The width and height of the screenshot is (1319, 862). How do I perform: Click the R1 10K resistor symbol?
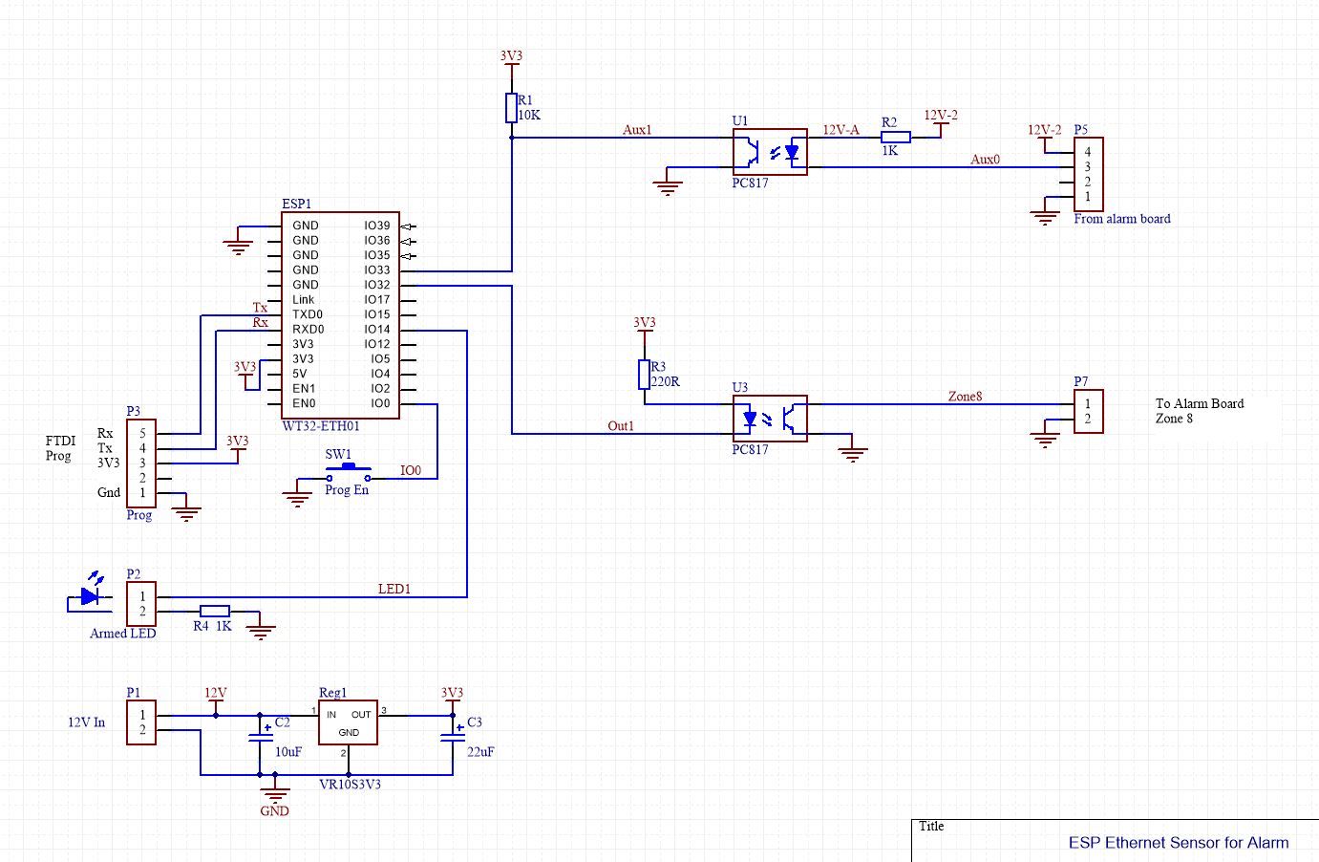pyautogui.click(x=511, y=108)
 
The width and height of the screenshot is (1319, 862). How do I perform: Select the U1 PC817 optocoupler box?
pyautogui.click(x=769, y=152)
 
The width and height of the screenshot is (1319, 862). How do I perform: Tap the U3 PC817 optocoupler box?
pyautogui.click(x=769, y=419)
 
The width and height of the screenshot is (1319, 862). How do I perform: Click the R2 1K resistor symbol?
pyautogui.click(x=895, y=138)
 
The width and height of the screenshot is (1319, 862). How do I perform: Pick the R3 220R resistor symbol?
pyautogui.click(x=644, y=375)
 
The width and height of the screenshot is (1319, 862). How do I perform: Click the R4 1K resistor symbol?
pyautogui.click(x=214, y=612)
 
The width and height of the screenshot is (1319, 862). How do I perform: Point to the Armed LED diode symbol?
pyautogui.click(x=91, y=596)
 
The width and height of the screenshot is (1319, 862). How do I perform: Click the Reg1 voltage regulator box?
pyautogui.click(x=348, y=722)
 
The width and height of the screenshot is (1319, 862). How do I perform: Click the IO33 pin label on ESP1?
pyautogui.click(x=376, y=270)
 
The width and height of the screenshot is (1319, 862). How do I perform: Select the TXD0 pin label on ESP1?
pyautogui.click(x=308, y=314)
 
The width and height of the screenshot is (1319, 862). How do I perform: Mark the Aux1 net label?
pyautogui.click(x=637, y=130)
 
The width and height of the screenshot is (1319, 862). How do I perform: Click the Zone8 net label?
pyautogui.click(x=965, y=397)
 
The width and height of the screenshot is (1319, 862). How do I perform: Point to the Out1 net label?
pyautogui.click(x=621, y=426)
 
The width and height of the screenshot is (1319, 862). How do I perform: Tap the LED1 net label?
pyautogui.click(x=394, y=590)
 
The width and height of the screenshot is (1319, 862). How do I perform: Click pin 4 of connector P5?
pyautogui.click(x=1087, y=152)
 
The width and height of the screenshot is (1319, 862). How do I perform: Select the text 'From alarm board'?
pyautogui.click(x=1121, y=219)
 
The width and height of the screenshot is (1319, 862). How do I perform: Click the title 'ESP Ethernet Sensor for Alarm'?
pyautogui.click(x=1178, y=843)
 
